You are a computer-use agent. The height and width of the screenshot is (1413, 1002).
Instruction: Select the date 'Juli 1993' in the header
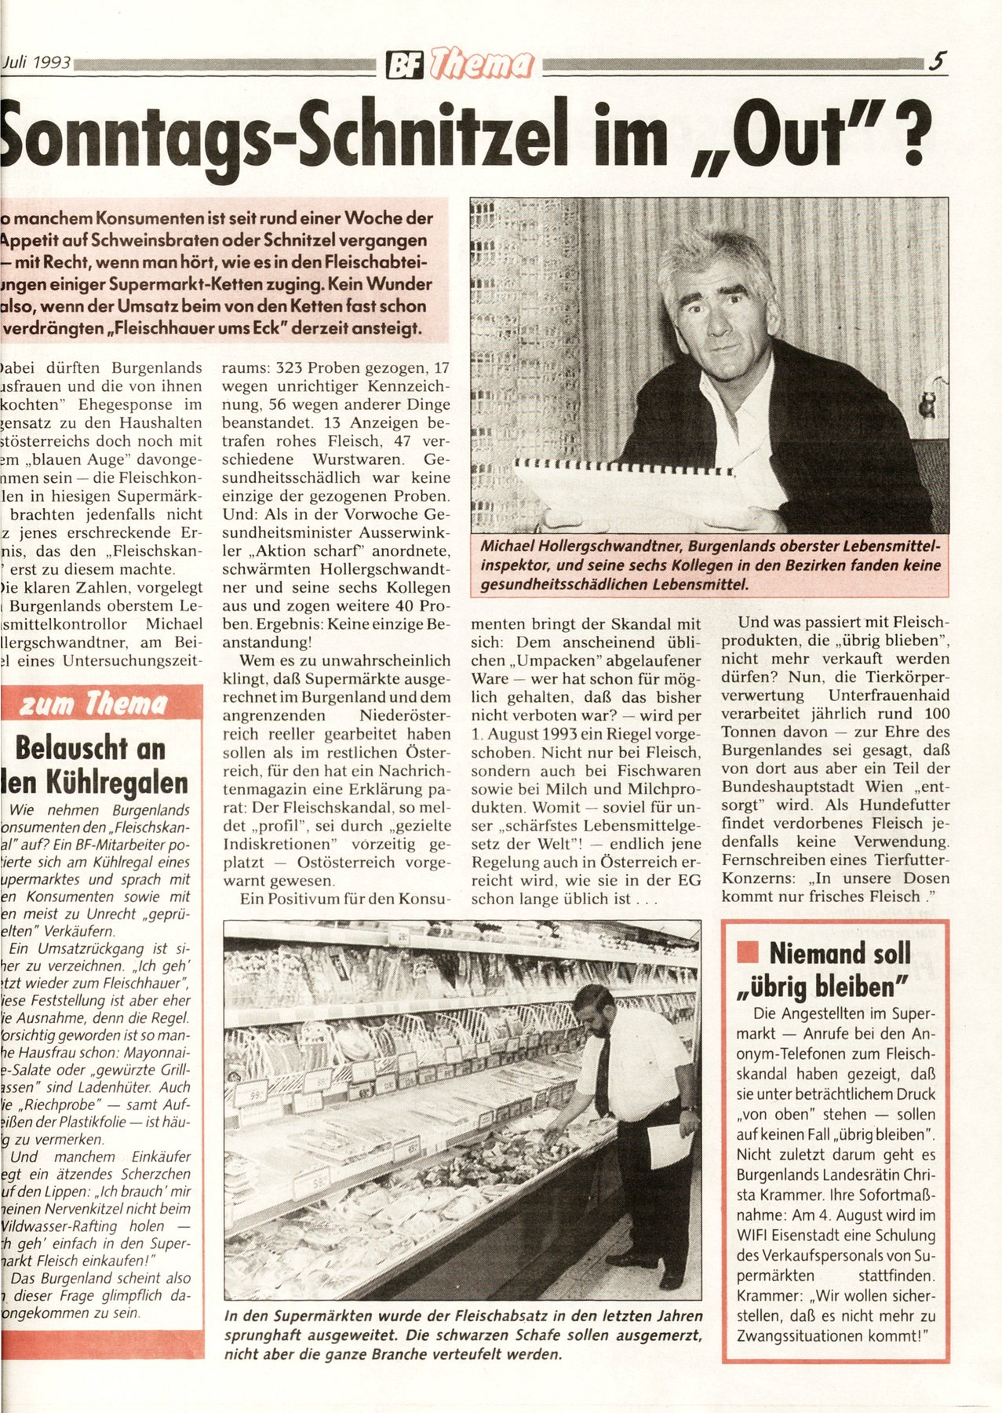point(35,62)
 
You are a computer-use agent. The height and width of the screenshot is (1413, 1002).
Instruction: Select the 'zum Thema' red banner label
point(93,705)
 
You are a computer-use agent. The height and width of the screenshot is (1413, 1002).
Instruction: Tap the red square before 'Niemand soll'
point(748,953)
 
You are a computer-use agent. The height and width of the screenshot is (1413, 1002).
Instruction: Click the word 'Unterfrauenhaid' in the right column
point(888,696)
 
